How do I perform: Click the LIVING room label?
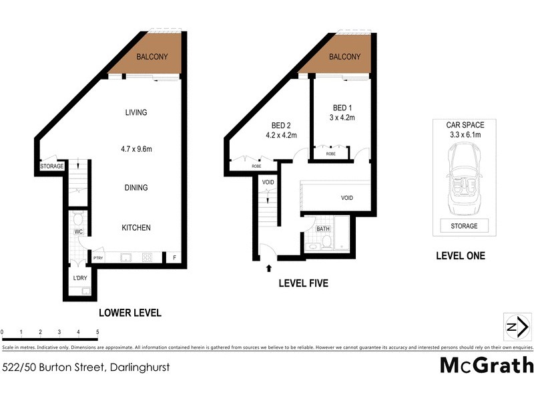point(136,112)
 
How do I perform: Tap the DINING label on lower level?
point(136,188)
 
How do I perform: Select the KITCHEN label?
point(136,228)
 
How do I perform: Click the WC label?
point(77,233)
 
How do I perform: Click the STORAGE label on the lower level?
point(51,166)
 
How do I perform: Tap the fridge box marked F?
point(175,257)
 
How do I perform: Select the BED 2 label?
point(281,125)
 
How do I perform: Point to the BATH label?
point(323,229)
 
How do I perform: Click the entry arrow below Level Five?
point(269,268)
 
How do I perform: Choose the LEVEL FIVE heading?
point(302,283)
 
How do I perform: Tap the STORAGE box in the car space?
point(465,226)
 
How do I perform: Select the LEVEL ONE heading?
point(460,255)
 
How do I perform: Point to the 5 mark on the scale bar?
point(97,331)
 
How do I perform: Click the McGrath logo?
point(486,365)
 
